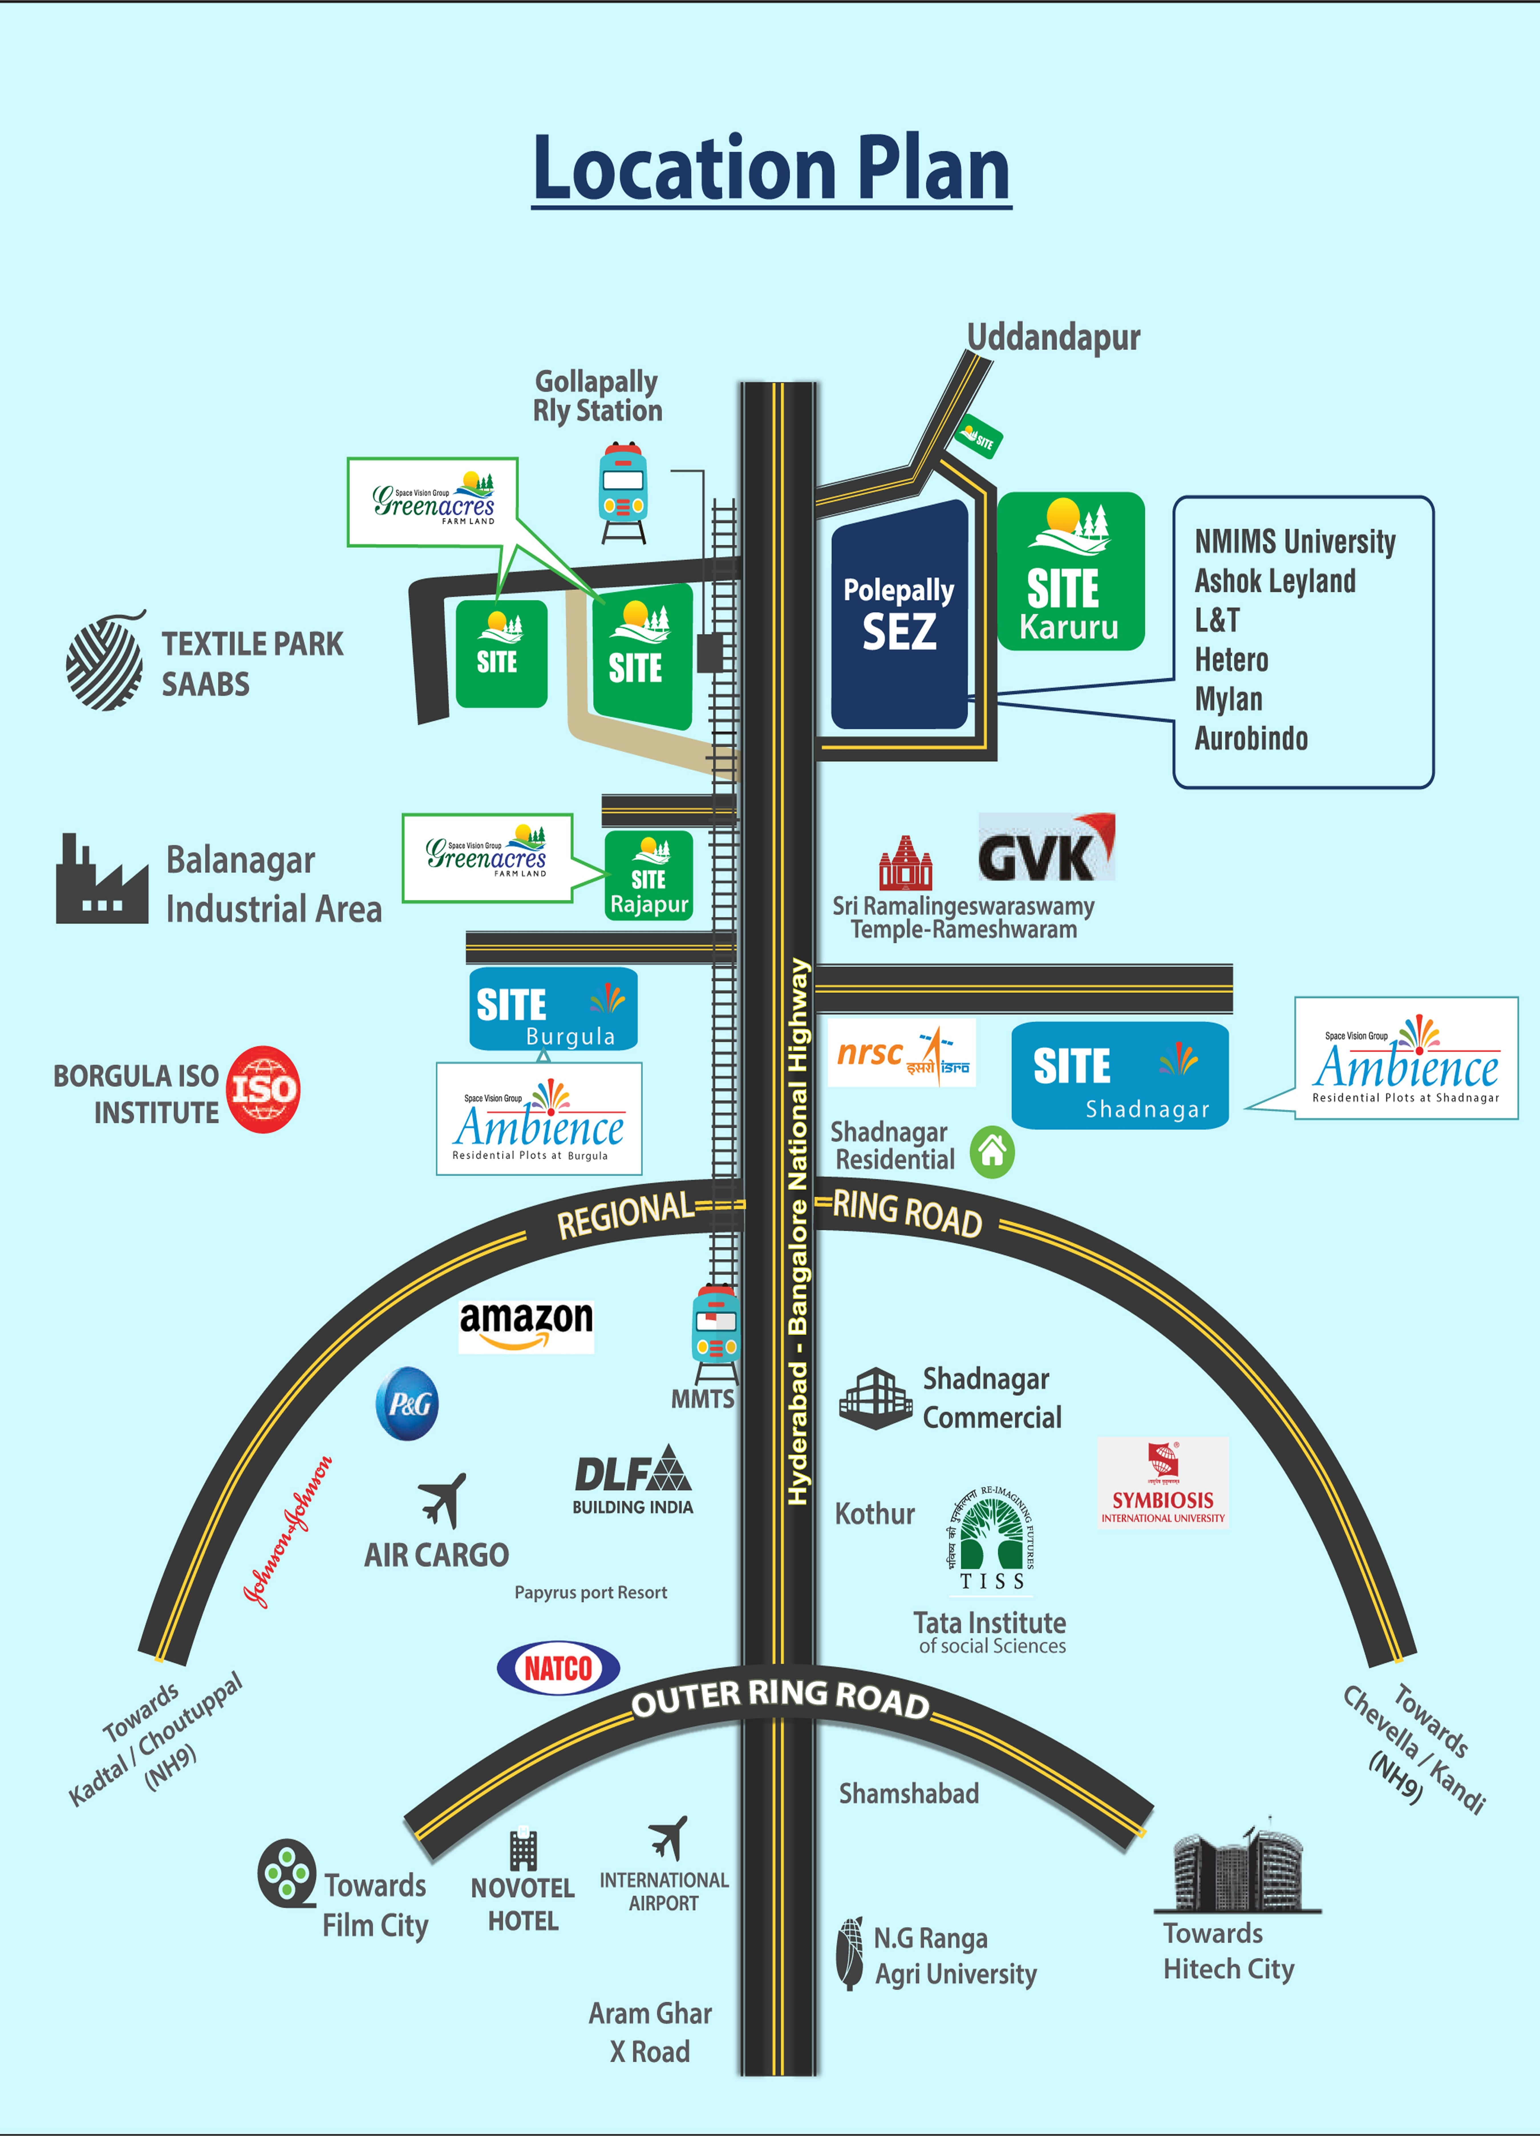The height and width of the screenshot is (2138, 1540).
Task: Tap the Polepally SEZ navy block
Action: coord(899,615)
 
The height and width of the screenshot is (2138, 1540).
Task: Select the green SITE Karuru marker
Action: coord(1070,571)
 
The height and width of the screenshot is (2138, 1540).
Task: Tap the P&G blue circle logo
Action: coord(408,1404)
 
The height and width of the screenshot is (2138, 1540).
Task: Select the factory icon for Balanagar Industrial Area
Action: coord(101,881)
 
